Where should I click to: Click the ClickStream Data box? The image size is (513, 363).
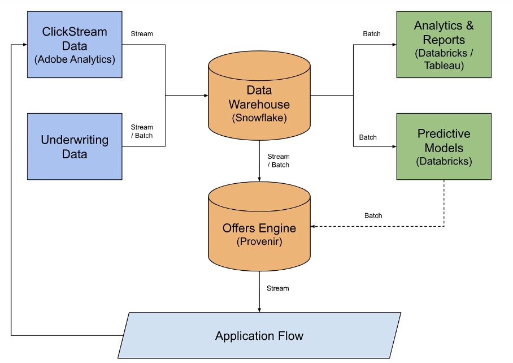(74, 44)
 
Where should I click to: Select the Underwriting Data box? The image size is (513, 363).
(74, 146)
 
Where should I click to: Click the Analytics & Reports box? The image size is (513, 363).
(444, 44)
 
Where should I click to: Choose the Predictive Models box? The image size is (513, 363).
(444, 146)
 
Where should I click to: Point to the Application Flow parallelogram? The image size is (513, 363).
(259, 335)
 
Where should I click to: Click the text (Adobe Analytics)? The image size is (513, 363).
(74, 59)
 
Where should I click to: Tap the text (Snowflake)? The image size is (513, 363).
(259, 118)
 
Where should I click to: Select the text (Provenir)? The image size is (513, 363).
(259, 242)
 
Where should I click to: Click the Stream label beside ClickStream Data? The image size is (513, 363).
(142, 34)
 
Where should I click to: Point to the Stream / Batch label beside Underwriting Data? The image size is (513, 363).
(142, 131)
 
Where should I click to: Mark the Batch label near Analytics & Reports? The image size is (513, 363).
(372, 34)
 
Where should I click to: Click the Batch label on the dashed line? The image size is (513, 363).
(373, 215)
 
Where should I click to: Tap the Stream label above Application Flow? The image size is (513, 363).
(277, 288)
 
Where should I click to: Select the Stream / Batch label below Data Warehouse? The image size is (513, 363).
(279, 161)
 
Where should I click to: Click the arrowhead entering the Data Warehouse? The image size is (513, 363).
(206, 96)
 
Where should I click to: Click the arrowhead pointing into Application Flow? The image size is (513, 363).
(259, 309)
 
